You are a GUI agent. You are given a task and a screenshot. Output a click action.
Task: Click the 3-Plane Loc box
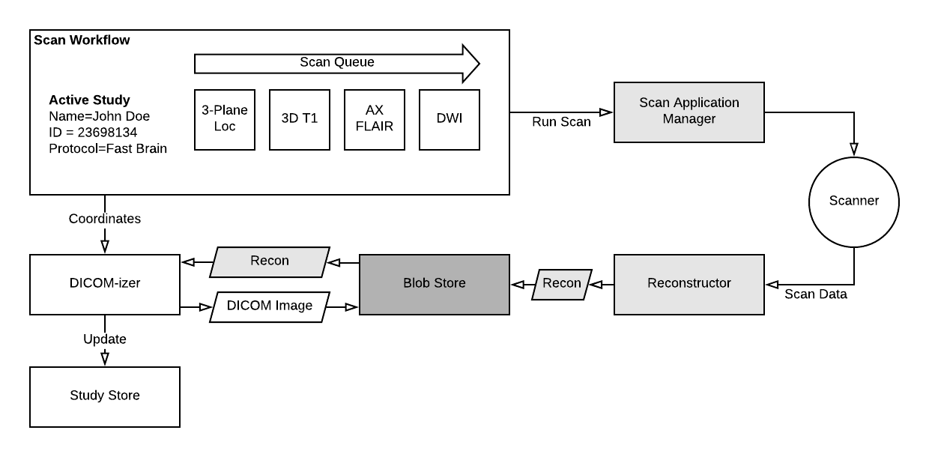point(225,120)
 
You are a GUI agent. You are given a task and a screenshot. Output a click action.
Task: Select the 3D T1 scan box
point(300,120)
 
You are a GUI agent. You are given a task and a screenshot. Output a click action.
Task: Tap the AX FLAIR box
point(375,120)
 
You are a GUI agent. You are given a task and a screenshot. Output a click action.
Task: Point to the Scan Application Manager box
point(689,112)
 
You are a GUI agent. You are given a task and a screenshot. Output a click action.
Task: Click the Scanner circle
point(854,202)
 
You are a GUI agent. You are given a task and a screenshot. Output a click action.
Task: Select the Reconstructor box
point(689,284)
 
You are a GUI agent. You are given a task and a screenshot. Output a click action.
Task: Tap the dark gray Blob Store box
point(435,284)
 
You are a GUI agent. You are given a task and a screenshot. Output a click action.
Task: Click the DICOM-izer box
point(105,284)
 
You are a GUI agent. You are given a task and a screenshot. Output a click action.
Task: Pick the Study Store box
point(105,396)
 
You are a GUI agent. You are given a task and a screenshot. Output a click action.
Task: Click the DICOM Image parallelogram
point(270,306)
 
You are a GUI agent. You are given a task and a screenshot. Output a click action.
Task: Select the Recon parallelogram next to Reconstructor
point(562,284)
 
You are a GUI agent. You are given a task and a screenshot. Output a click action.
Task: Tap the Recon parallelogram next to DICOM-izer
point(270,261)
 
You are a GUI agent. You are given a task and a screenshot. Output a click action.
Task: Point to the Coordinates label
point(105,220)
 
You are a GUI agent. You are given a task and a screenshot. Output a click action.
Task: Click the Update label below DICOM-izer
point(105,339)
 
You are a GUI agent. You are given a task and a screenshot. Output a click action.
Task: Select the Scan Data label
point(816,294)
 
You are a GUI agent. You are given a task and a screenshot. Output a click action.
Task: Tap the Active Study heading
point(89,100)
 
